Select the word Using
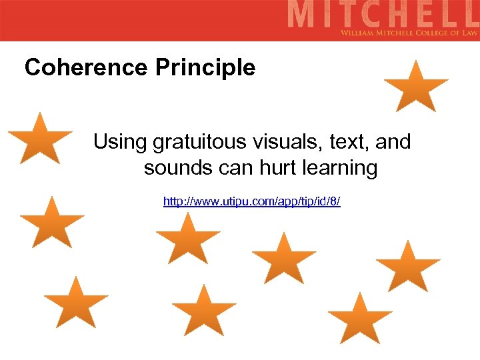[120, 141]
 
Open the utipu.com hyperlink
[252, 201]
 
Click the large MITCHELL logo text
[383, 15]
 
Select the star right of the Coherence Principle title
[416, 87]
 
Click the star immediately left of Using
[41, 140]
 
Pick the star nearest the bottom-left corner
[75, 303]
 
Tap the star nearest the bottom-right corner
[360, 319]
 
